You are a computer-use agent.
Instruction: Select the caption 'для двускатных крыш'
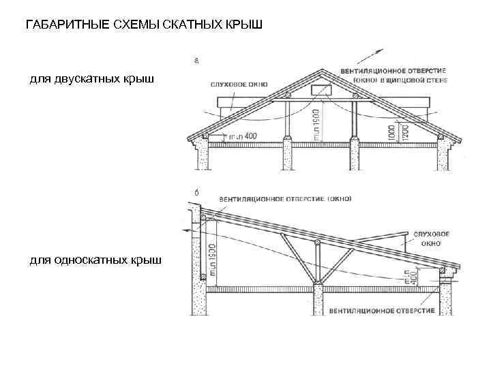(91, 80)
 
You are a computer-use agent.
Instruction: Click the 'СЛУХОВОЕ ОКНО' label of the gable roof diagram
(239, 85)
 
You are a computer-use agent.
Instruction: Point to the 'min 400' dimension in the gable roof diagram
(243, 136)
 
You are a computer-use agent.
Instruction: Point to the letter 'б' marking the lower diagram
(196, 194)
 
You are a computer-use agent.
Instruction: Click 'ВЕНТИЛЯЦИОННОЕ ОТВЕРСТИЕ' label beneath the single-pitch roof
(382, 311)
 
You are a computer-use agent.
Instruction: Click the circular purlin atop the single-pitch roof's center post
(315, 243)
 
